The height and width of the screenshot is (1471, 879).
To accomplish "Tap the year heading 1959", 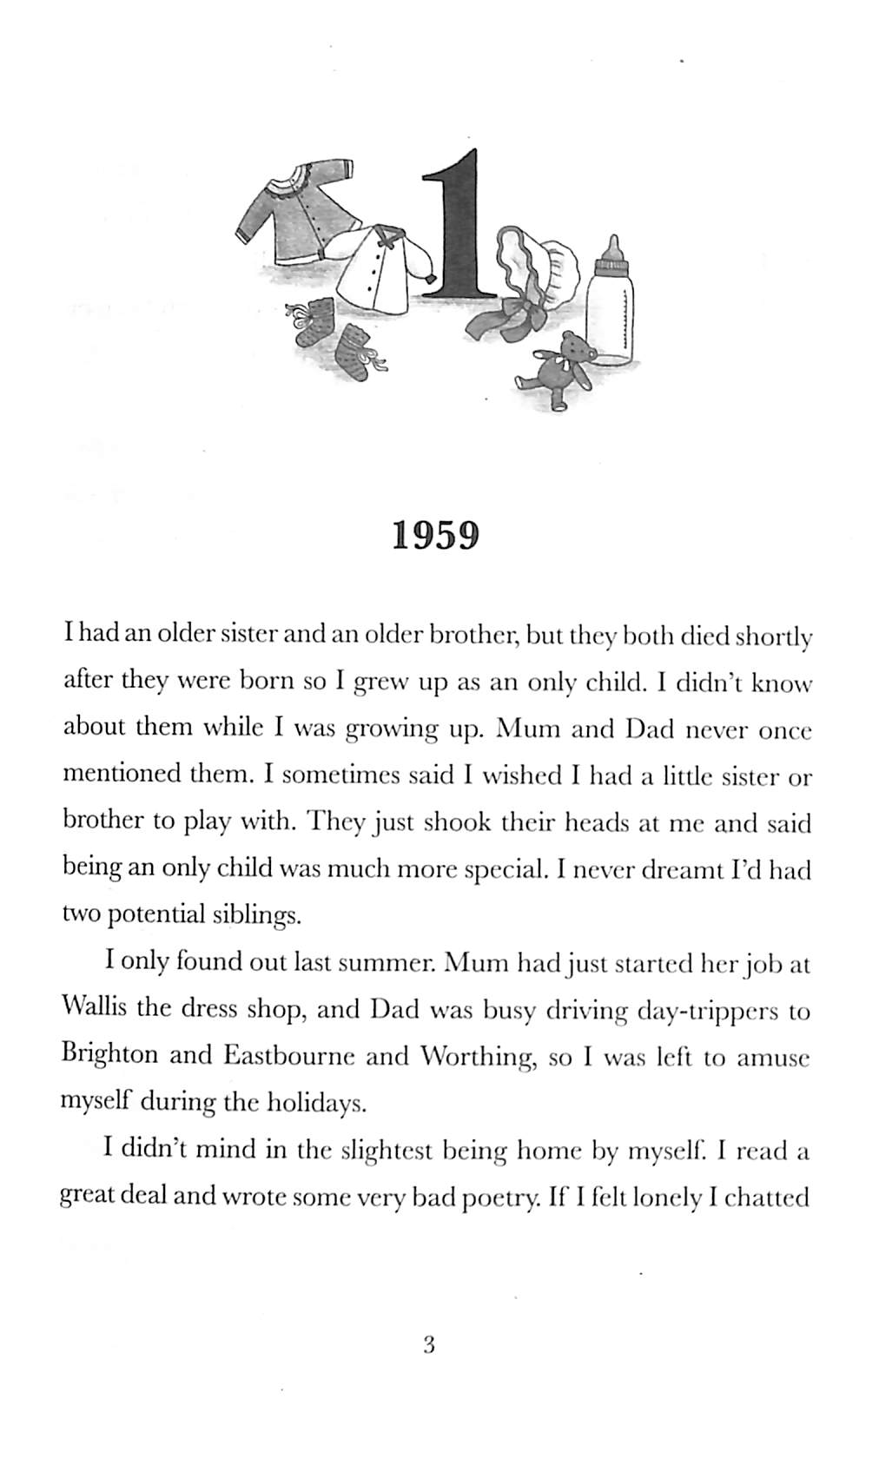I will click(x=435, y=536).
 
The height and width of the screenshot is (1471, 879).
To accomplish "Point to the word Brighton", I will click(x=110, y=1055).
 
